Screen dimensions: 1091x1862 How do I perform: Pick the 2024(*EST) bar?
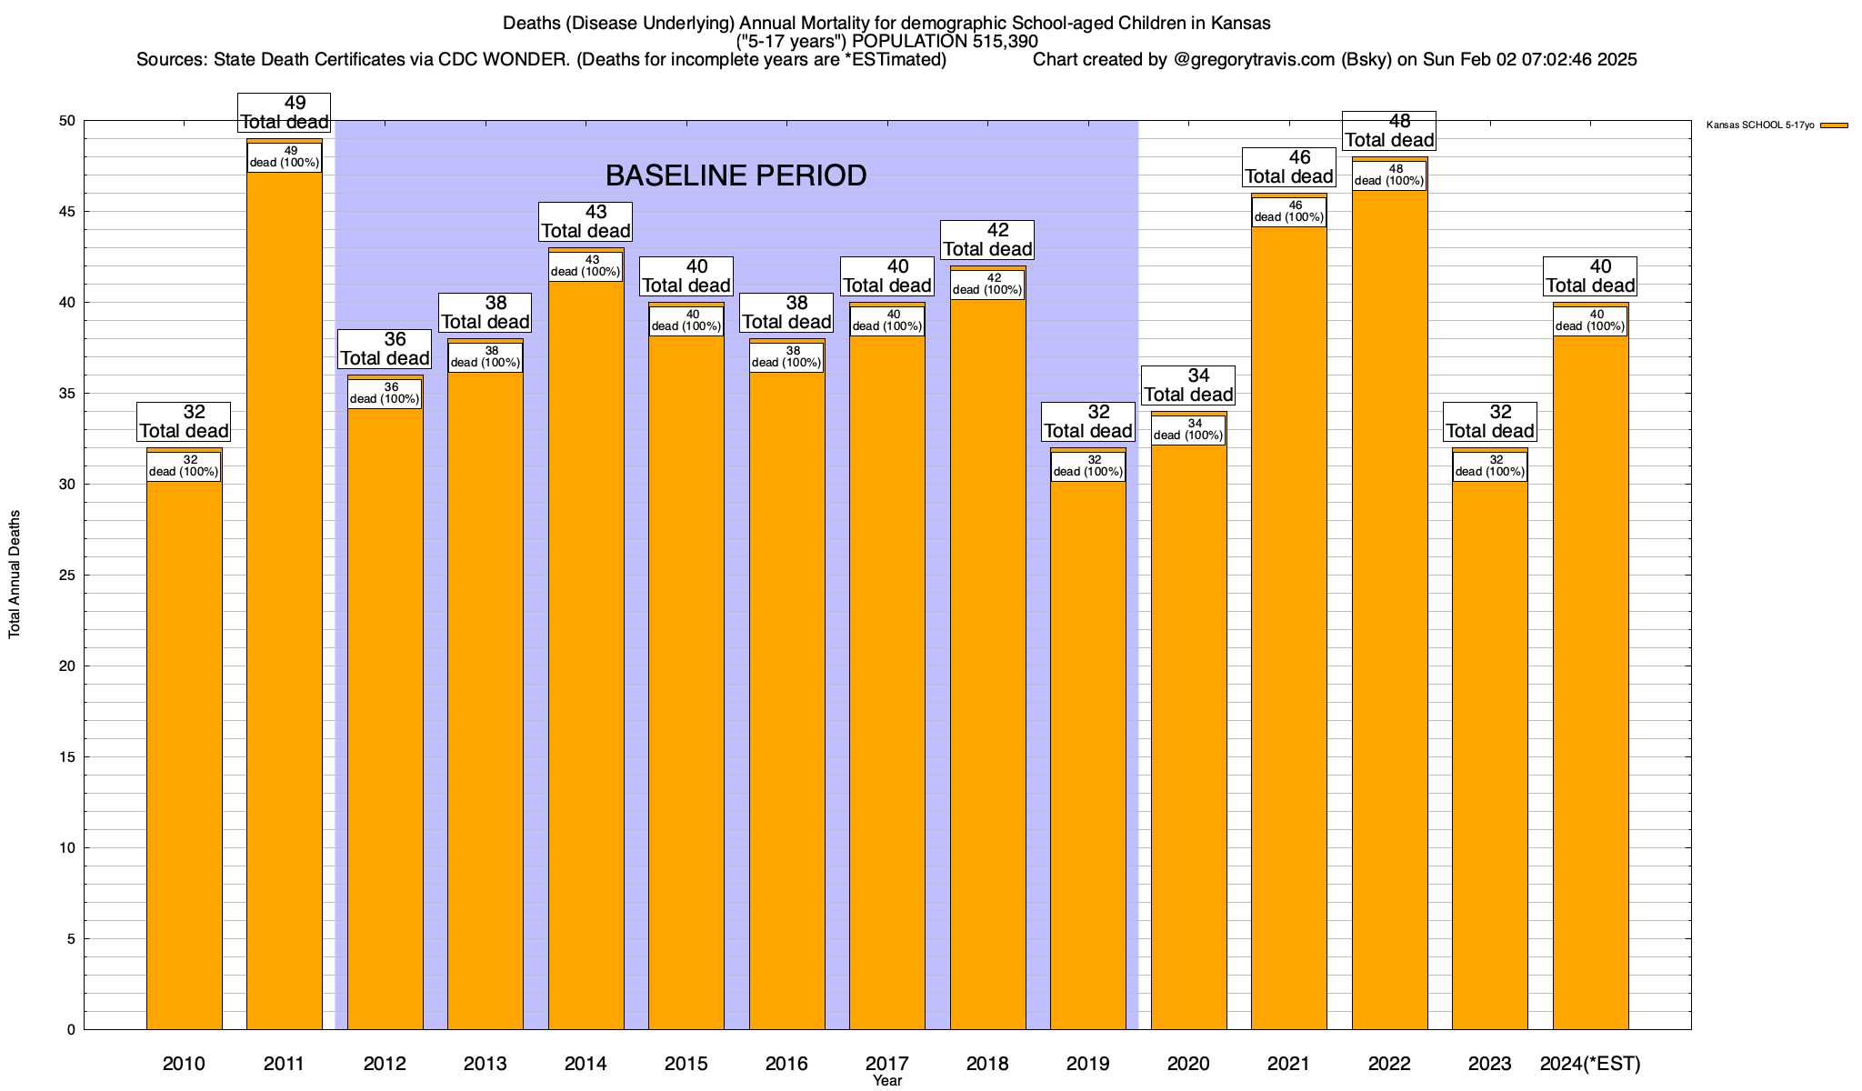coord(1590,682)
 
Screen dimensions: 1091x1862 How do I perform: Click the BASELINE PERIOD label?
coord(736,175)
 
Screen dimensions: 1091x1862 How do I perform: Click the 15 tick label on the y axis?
coord(68,757)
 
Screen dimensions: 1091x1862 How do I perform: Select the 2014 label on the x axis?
coord(586,1064)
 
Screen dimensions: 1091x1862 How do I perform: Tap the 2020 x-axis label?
coord(1188,1064)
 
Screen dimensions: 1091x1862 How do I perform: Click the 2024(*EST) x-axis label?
coord(1590,1064)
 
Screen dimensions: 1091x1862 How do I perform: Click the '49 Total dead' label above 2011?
coord(285,113)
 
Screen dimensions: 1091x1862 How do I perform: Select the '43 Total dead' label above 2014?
coord(586,222)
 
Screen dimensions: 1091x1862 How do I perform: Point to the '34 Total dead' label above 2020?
coord(1188,385)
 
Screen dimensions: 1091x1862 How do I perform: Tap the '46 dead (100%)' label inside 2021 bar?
coord(1289,212)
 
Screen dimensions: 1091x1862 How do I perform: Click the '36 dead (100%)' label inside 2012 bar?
coord(385,394)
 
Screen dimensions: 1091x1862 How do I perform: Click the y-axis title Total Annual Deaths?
coord(15,575)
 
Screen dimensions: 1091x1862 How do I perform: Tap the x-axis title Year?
coord(887,1081)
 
